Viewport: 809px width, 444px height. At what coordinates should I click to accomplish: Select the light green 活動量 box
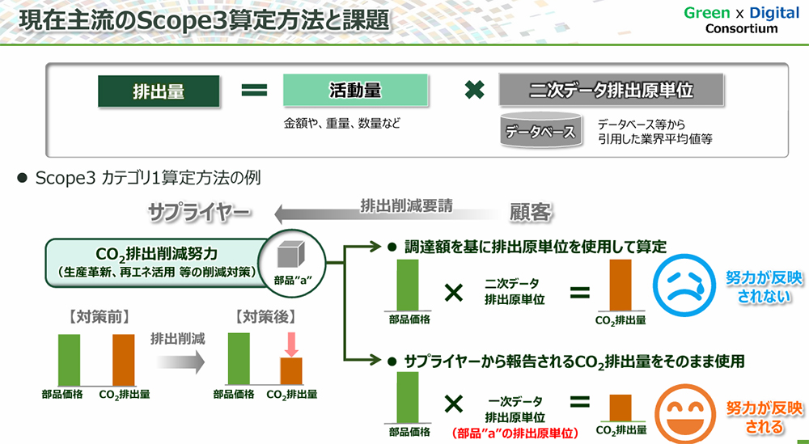(355, 91)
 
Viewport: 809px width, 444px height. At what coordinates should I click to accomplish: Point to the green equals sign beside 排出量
(254, 91)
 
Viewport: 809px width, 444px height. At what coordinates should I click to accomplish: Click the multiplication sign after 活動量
(474, 91)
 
